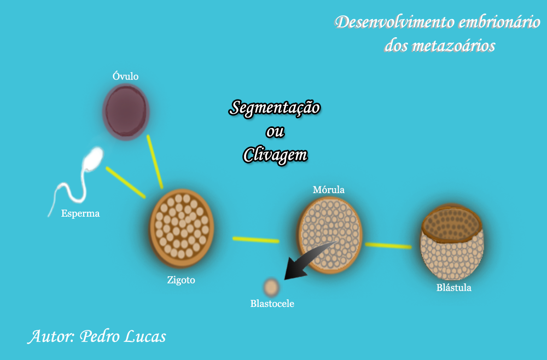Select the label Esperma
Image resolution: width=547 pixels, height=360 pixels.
pos(80,213)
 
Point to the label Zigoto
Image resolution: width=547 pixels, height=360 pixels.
pos(181,280)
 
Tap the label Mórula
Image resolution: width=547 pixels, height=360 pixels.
pos(328,190)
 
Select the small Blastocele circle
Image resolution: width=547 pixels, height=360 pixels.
pos(271,287)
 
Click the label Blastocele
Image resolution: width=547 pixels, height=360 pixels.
pos(272,303)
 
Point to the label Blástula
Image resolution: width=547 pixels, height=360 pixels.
pos(453,288)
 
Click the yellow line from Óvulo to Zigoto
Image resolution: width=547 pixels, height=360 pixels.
pos(154,161)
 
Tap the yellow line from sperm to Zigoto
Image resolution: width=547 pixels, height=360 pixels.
pos(125,182)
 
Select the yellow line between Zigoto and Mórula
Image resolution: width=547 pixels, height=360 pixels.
pos(255,240)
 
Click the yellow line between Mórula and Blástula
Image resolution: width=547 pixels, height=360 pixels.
pos(388,246)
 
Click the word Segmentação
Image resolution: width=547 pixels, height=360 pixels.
pos(275,108)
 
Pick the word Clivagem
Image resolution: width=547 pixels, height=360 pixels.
pos(275,155)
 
